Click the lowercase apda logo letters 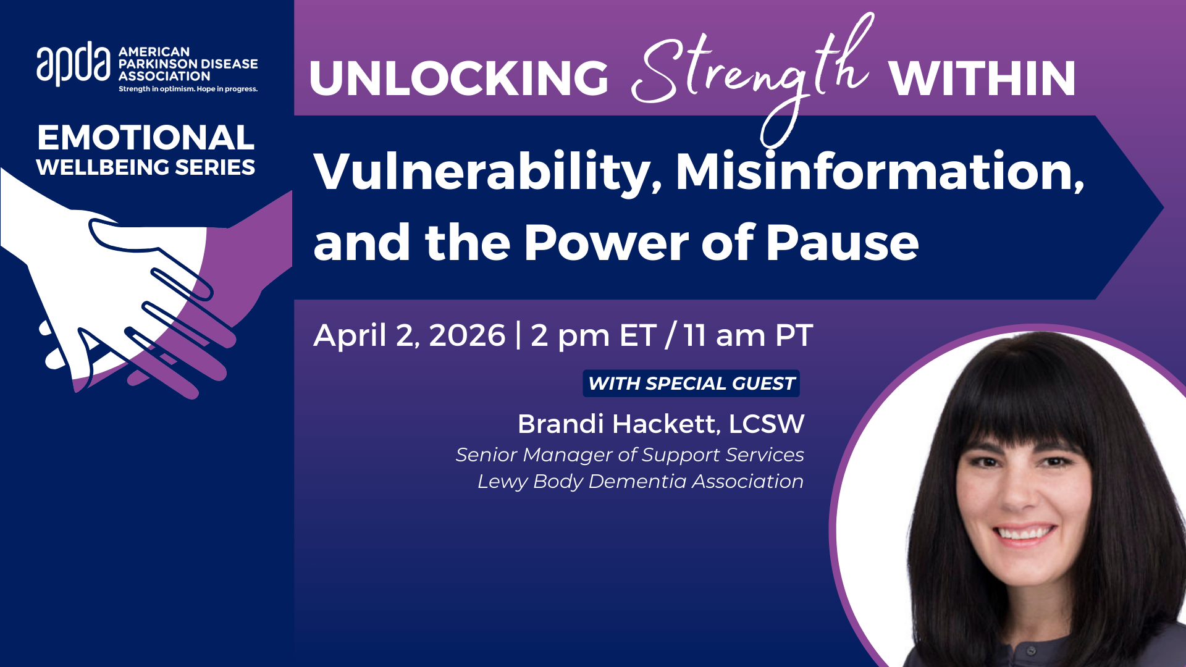pos(74,64)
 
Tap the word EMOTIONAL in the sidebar pos(146,137)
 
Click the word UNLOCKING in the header pos(459,78)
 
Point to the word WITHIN pos(982,78)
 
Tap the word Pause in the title pos(843,243)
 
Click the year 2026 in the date pos(467,335)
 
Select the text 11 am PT pos(748,335)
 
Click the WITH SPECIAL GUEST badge pos(691,384)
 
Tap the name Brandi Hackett pos(618,424)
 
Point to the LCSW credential pos(767,424)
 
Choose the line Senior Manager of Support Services pos(629,455)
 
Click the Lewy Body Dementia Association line pos(641,481)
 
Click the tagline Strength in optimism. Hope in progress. pos(188,90)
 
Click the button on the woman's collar pos(1030,650)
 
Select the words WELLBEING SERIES pos(146,167)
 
